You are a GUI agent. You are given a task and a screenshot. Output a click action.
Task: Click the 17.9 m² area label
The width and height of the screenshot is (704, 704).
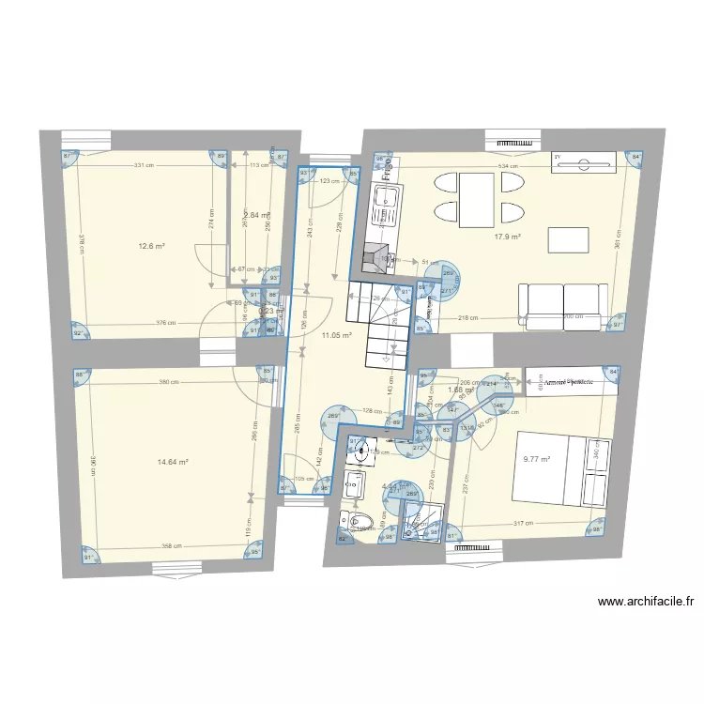(507, 237)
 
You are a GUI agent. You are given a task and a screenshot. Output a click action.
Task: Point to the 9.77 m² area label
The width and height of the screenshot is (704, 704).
(537, 460)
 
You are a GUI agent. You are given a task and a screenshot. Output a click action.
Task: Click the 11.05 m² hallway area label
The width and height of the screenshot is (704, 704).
(336, 335)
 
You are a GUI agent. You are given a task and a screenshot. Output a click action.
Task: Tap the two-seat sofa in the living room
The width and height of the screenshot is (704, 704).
(561, 305)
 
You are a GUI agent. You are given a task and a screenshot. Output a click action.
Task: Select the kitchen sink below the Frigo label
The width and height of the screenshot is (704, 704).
(384, 206)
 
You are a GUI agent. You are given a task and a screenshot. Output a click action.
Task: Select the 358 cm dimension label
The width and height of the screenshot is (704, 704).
(170, 545)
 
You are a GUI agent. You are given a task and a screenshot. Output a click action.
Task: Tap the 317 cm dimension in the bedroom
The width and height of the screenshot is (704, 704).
(523, 524)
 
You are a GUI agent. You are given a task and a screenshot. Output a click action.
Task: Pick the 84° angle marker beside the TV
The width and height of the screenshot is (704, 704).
(635, 157)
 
